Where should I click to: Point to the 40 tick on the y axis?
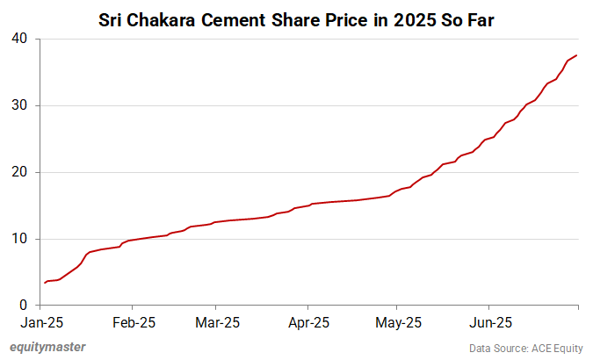click(x=20, y=40)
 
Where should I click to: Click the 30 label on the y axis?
click(x=20, y=106)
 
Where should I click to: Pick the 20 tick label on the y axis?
click(x=20, y=173)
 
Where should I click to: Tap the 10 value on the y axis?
click(x=20, y=239)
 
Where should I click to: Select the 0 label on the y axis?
click(x=24, y=306)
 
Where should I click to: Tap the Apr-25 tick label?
click(x=308, y=322)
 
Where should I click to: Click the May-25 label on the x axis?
click(x=397, y=322)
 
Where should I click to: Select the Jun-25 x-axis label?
click(x=488, y=322)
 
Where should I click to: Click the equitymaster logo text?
click(x=47, y=347)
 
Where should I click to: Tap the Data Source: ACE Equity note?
click(x=526, y=348)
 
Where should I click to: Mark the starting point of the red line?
click(x=45, y=283)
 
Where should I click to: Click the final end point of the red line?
click(x=577, y=56)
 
